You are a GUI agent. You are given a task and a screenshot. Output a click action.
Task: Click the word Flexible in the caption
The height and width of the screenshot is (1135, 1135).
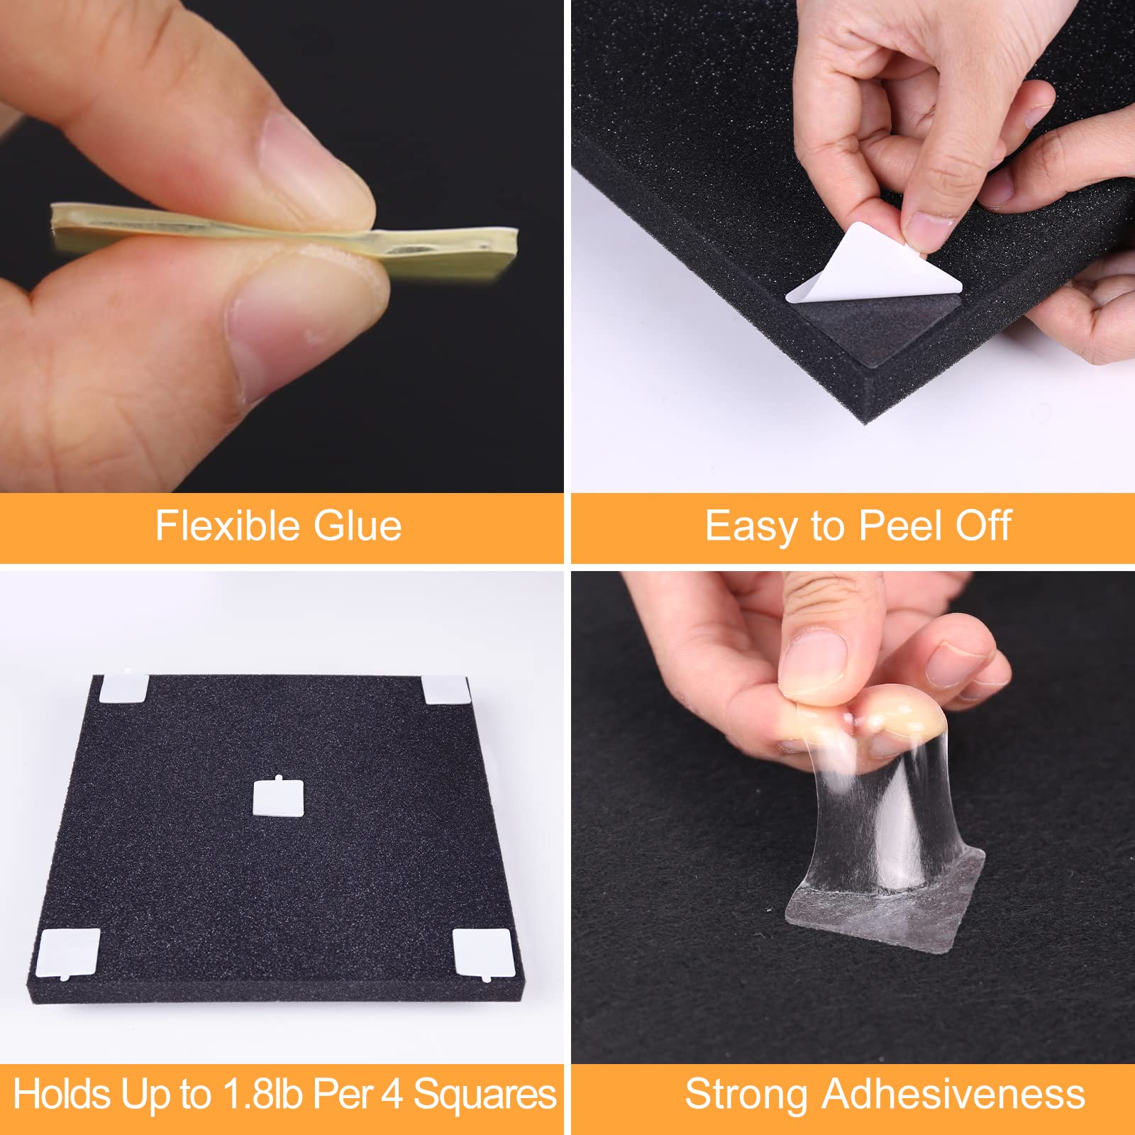coord(228,526)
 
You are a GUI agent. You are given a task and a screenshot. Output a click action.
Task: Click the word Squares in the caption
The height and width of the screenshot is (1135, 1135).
coord(485,1094)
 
